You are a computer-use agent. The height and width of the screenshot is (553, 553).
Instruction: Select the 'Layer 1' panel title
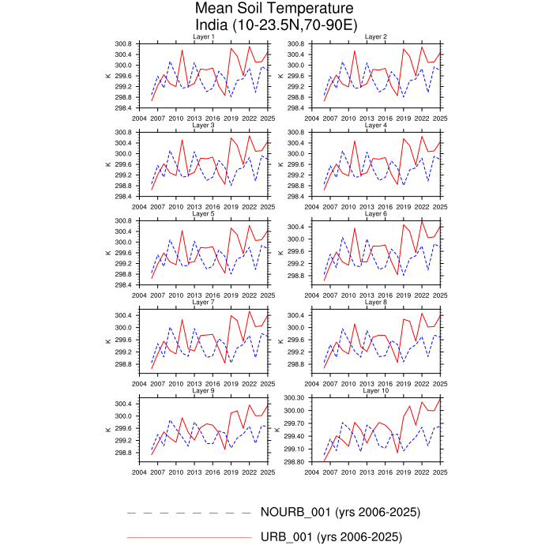(203, 37)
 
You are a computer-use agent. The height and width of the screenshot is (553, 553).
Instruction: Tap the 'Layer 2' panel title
(375, 37)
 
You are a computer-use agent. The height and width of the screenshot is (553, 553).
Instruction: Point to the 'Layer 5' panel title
(203, 213)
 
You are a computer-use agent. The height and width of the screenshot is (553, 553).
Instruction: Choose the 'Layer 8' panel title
(375, 302)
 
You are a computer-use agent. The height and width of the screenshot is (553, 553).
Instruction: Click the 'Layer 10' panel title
(375, 390)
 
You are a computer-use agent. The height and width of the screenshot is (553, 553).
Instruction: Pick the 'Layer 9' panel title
(203, 390)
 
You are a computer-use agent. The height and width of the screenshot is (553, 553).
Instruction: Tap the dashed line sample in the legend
(190, 513)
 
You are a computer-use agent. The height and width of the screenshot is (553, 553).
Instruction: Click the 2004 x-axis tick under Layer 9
(139, 471)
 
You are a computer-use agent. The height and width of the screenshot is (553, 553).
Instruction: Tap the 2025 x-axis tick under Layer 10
(440, 471)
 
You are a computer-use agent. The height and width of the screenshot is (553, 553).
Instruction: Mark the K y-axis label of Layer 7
(107, 340)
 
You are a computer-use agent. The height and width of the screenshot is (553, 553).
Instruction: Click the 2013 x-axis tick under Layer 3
(194, 206)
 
